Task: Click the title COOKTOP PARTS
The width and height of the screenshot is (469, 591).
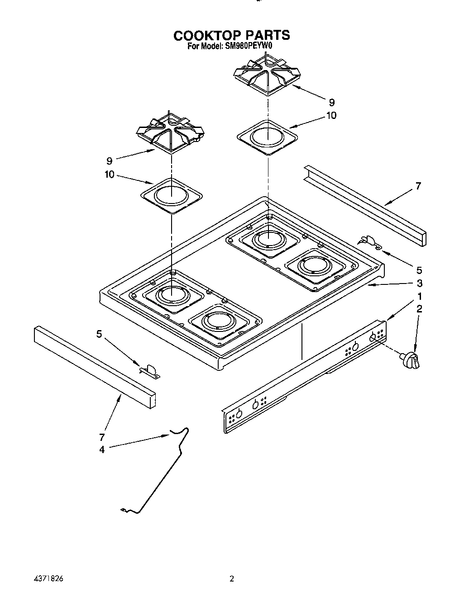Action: (232, 35)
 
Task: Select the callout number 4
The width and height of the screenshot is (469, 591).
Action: (102, 449)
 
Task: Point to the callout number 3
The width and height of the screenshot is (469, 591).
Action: (420, 283)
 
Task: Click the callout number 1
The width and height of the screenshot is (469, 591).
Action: (420, 297)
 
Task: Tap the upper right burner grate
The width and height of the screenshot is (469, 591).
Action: (268, 75)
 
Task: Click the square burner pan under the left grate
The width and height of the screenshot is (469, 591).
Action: (172, 195)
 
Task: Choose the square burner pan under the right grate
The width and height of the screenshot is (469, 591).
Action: (268, 137)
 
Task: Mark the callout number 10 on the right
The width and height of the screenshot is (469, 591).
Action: (331, 116)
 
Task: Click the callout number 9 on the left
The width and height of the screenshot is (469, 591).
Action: (109, 160)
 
